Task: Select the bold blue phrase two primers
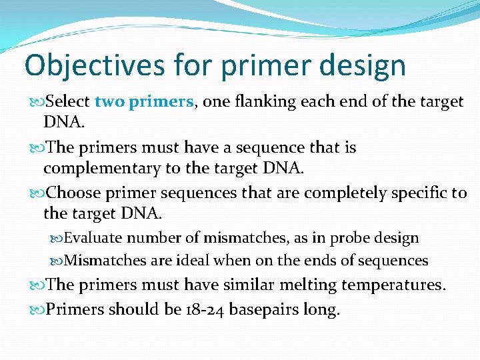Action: [144, 102]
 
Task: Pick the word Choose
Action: [73, 193]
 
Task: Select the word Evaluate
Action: [93, 238]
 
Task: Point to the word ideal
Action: [213, 261]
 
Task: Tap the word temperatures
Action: [393, 285]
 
